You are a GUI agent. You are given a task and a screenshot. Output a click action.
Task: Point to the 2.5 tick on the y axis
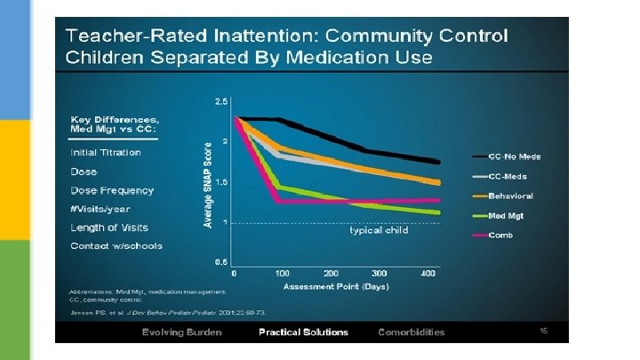click(x=220, y=100)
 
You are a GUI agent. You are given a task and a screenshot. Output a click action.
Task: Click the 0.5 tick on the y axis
click(x=220, y=261)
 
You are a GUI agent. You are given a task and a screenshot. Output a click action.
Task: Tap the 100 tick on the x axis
click(x=283, y=273)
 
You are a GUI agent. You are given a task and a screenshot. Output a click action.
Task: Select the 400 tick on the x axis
click(x=428, y=273)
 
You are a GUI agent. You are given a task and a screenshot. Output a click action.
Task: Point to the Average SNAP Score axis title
click(x=209, y=184)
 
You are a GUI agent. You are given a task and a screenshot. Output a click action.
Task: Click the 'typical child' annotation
click(x=378, y=230)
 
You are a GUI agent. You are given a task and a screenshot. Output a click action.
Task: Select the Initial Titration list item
click(x=105, y=152)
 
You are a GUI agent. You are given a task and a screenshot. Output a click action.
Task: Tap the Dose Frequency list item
click(x=112, y=190)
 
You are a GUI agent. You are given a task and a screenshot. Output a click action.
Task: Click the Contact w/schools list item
click(x=116, y=245)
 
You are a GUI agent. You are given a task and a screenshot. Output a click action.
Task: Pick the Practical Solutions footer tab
click(x=303, y=332)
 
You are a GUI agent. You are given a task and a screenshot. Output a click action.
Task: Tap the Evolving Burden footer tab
click(x=181, y=332)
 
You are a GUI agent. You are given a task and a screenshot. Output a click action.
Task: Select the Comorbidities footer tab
click(x=411, y=332)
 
